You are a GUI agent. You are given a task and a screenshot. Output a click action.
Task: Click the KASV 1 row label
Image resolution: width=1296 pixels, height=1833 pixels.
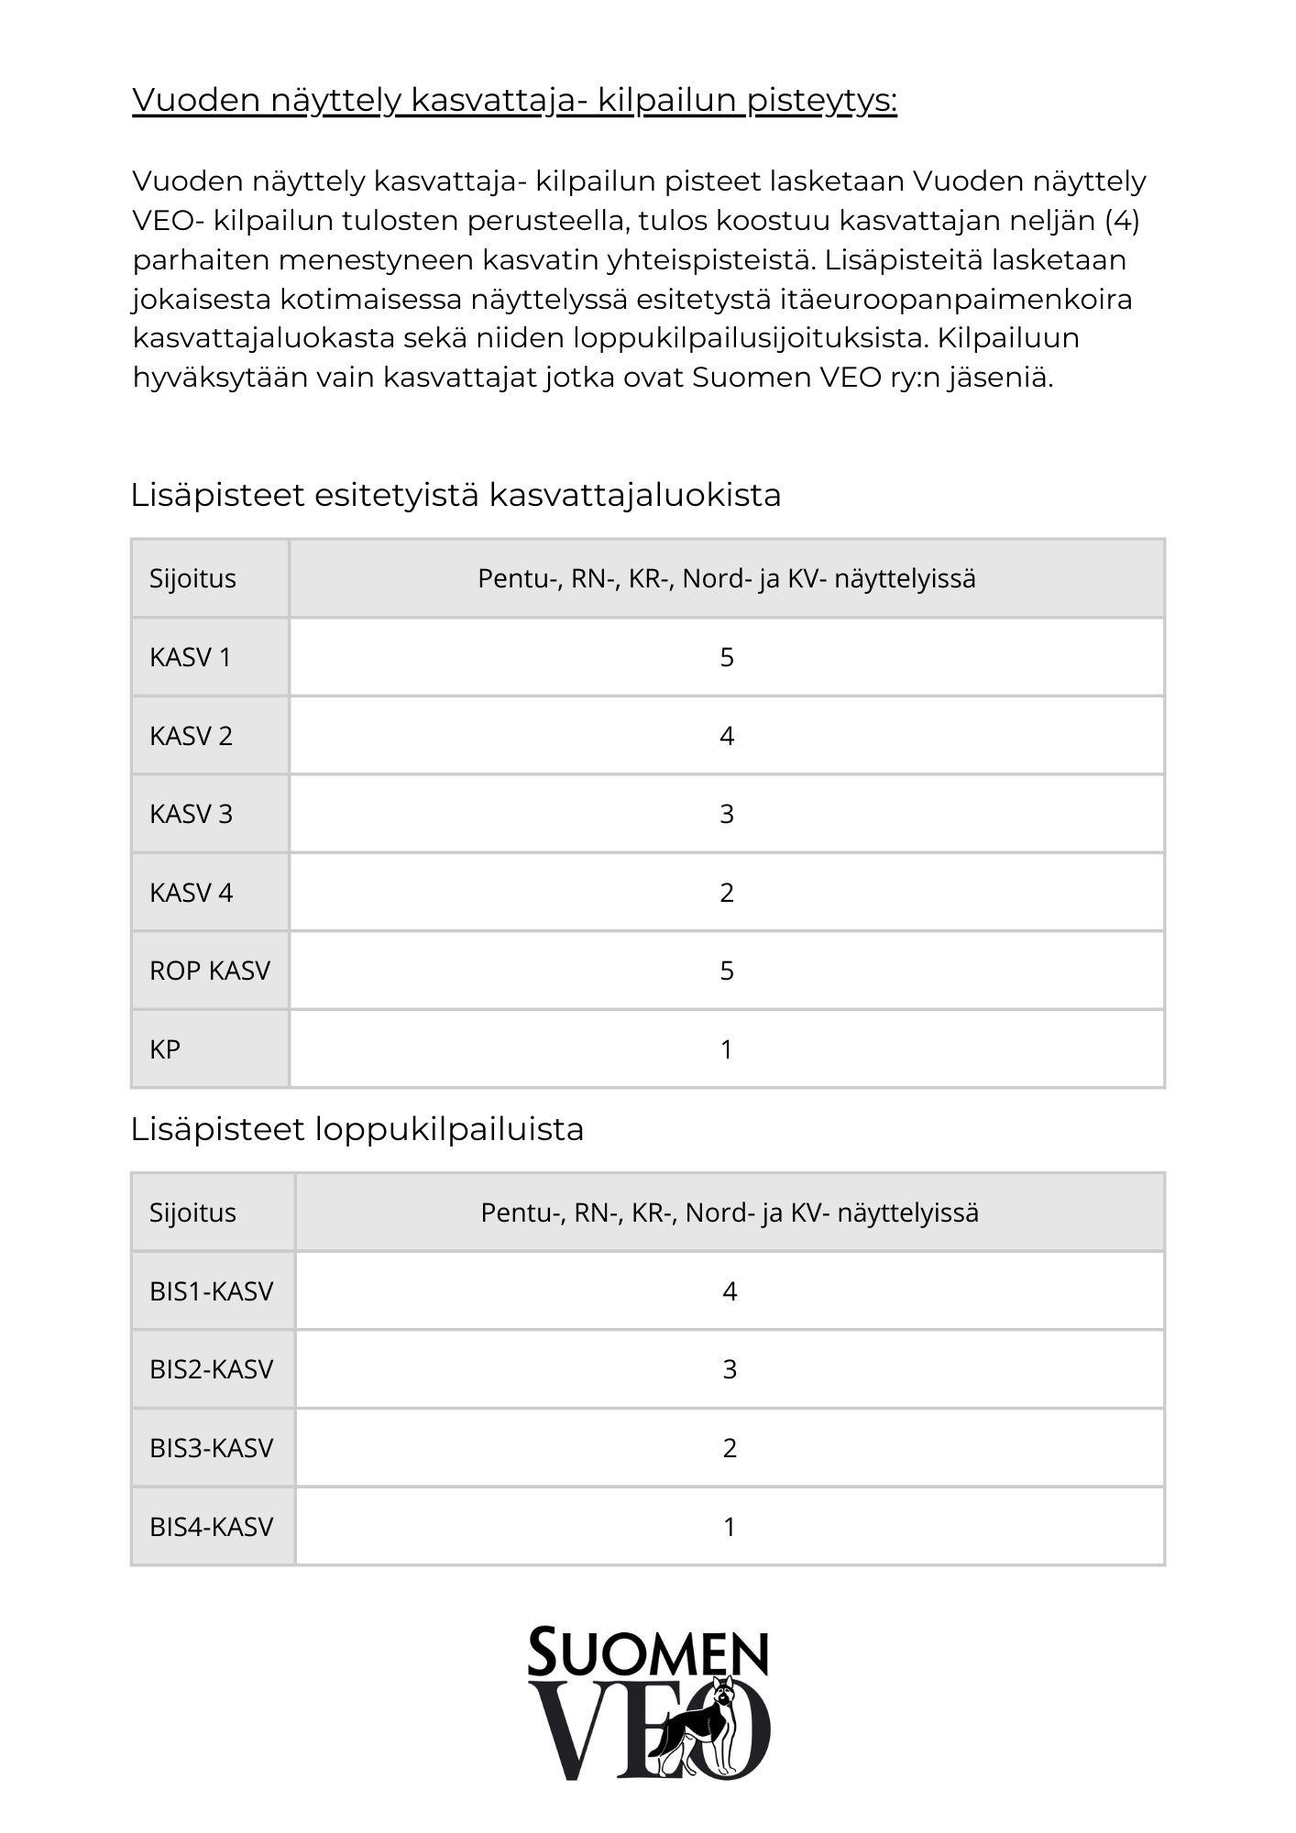[191, 657]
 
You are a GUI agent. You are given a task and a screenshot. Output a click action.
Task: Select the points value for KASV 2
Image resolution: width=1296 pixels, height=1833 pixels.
[727, 736]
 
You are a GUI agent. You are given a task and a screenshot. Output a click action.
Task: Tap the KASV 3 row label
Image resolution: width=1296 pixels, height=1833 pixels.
[191, 814]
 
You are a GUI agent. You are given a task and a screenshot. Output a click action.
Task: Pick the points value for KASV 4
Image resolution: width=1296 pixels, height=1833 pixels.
[727, 893]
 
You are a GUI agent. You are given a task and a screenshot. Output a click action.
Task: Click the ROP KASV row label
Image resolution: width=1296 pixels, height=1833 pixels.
[210, 971]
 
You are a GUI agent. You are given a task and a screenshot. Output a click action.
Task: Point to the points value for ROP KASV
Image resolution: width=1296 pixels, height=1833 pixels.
[727, 971]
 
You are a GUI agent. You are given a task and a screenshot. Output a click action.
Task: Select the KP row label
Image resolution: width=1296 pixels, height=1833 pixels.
[165, 1049]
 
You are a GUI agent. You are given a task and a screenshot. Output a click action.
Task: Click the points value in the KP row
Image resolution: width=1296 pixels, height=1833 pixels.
[727, 1049]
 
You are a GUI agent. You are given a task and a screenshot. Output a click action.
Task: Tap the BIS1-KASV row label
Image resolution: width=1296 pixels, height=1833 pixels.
[212, 1291]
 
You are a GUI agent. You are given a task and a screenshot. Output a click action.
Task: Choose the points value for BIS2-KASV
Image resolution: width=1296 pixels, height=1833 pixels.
[730, 1369]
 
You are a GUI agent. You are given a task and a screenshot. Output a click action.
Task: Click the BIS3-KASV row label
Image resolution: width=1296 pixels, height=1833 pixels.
[212, 1448]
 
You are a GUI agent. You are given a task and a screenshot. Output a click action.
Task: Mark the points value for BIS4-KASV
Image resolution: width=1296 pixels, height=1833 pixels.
[730, 1527]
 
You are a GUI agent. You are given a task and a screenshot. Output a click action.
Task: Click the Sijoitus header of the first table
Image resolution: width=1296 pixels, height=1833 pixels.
[192, 578]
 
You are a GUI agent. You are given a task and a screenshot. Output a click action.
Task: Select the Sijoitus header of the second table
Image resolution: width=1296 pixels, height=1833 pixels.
[192, 1213]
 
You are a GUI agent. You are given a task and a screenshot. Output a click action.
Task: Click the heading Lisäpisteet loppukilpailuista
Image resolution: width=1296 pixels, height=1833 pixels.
[357, 1129]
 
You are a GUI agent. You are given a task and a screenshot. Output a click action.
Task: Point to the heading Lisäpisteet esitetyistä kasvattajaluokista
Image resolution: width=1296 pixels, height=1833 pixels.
[456, 495]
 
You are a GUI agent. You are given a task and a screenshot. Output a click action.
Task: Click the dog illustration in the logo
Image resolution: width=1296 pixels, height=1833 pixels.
[701, 1728]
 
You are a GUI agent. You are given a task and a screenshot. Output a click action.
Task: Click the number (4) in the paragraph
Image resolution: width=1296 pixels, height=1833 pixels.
[1122, 221]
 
